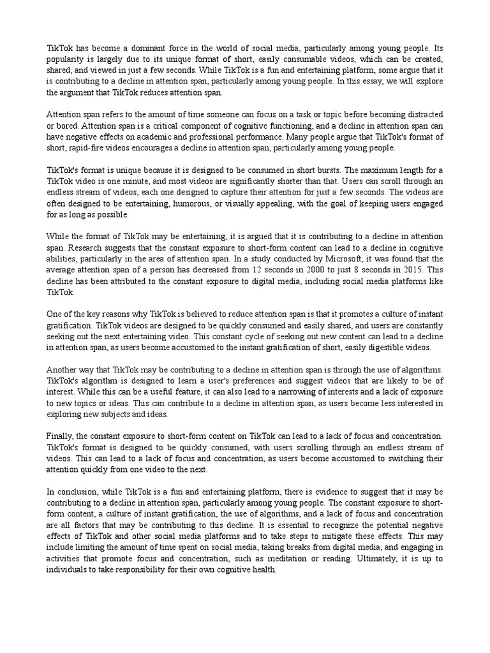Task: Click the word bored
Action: click(x=66, y=126)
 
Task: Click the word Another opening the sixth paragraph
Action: click(x=64, y=370)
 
